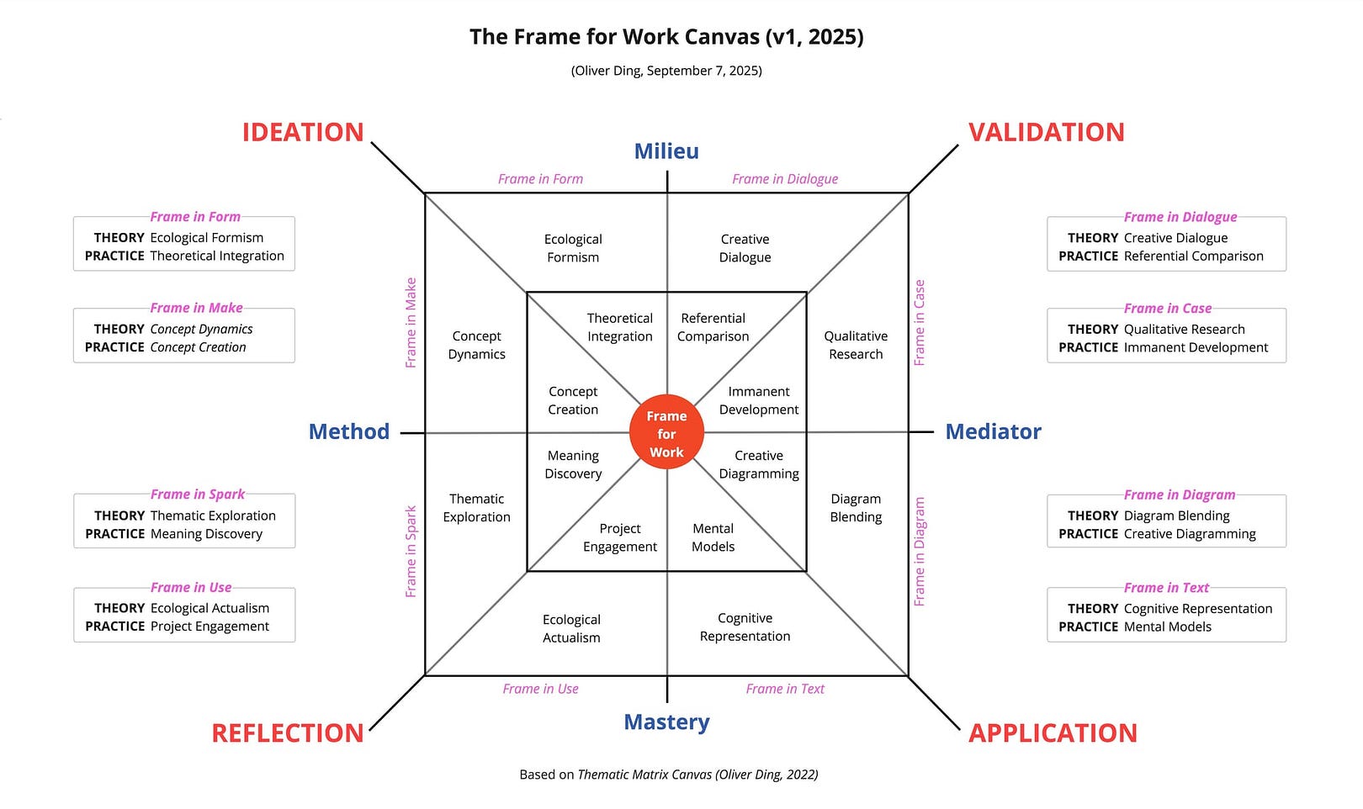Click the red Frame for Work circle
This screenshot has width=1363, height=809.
(x=666, y=433)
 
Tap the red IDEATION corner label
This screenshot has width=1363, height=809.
(x=303, y=132)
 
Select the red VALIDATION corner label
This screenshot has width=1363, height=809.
(x=1046, y=132)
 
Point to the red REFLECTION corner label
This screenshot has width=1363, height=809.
(x=287, y=732)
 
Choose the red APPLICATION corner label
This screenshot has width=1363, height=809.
(x=1053, y=732)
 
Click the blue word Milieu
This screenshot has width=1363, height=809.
(x=666, y=151)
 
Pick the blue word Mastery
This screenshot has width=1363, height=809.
(x=666, y=722)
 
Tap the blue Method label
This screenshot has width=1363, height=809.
(x=349, y=431)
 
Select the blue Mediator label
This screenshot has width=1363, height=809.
(x=993, y=431)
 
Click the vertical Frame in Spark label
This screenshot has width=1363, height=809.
(x=411, y=551)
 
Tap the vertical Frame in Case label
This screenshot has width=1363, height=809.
(x=920, y=323)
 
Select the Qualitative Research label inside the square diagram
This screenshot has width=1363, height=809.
(x=856, y=345)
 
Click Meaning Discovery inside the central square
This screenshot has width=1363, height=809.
(x=573, y=464)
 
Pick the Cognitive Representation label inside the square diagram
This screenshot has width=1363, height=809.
(x=745, y=627)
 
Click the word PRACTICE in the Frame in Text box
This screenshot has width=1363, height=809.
(x=1088, y=627)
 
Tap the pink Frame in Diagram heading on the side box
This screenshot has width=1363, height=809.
(x=1180, y=494)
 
